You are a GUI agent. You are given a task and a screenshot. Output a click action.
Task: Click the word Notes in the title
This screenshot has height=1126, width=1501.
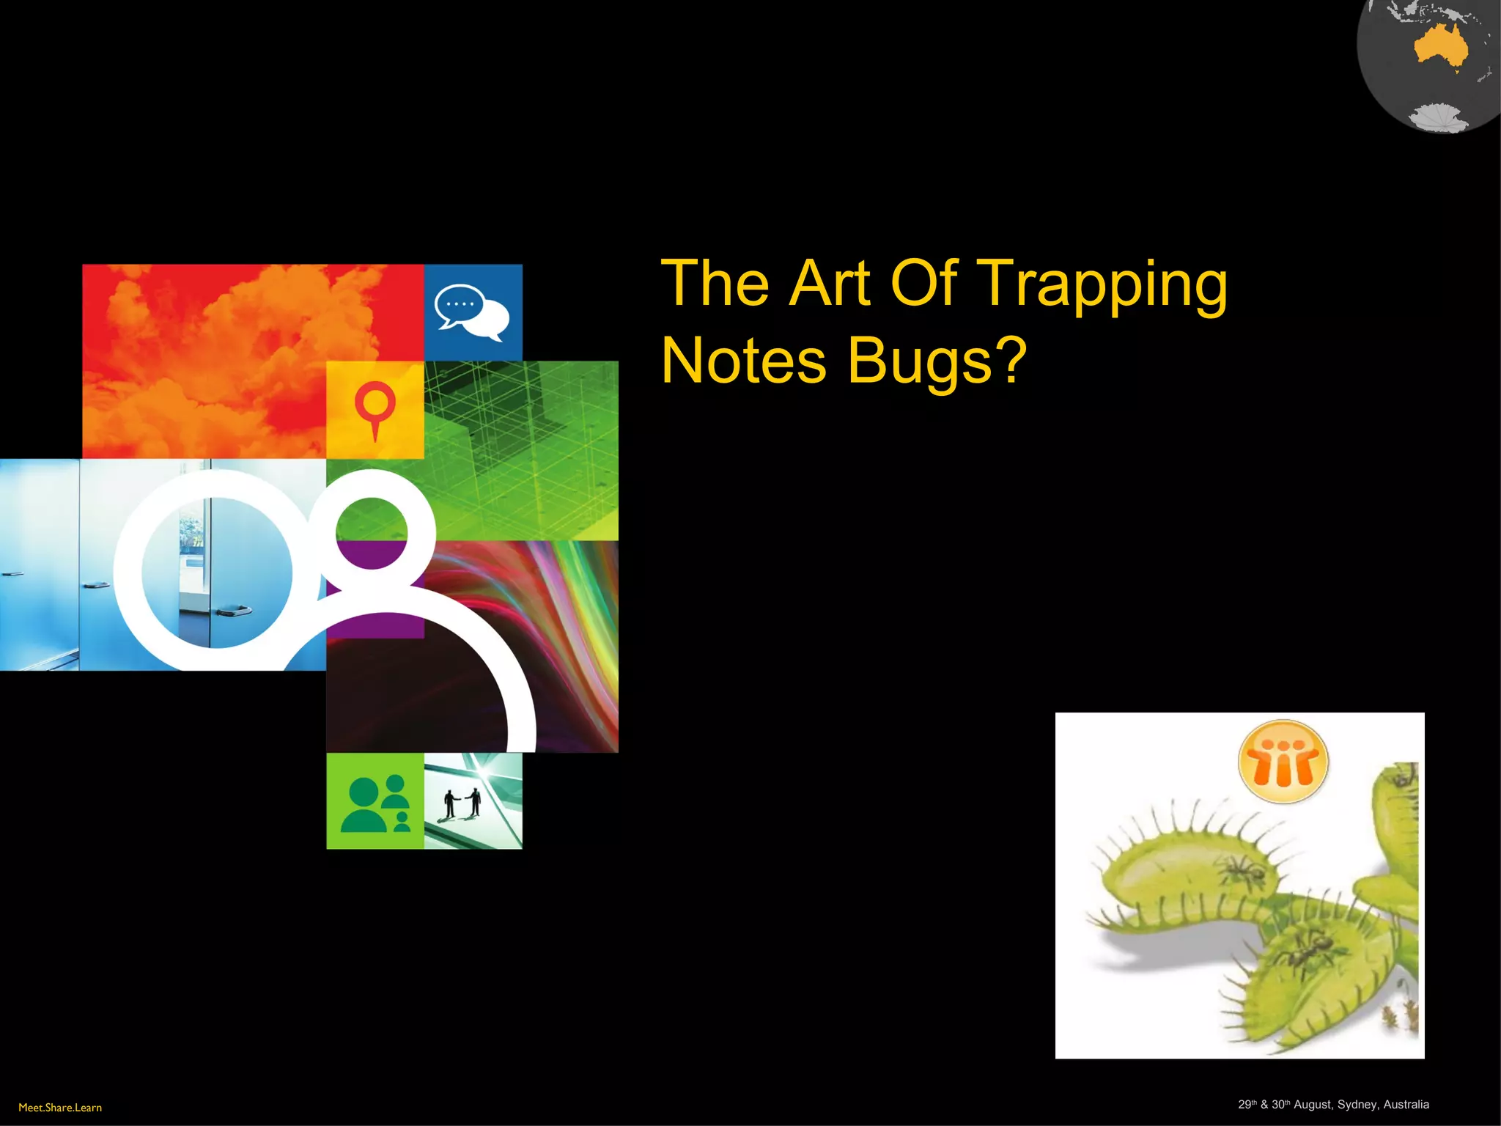pos(744,361)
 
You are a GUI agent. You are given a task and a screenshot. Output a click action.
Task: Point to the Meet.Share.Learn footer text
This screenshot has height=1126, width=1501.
pos(60,1108)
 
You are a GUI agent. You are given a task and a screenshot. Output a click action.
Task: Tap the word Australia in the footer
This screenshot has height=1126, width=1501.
pos(1406,1105)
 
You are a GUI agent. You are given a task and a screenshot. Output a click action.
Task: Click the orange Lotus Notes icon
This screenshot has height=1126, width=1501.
pos(1283,762)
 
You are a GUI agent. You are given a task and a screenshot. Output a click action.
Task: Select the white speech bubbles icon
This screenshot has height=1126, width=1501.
pos(472,312)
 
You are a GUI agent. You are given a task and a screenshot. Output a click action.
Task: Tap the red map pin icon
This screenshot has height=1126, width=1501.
pos(375,408)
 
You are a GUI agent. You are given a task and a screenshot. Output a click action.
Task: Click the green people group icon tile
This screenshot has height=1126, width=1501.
pos(375,802)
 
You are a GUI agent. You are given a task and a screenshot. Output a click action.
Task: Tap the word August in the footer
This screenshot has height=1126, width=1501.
pos(1313,1105)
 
